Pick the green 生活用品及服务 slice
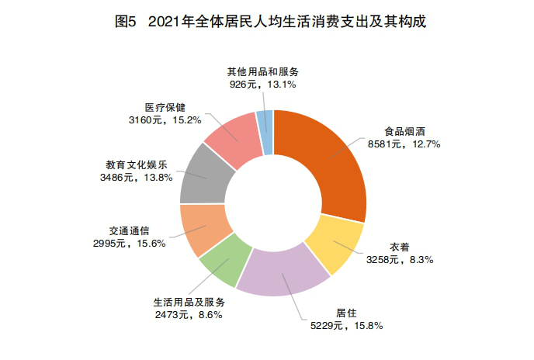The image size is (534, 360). pyautogui.click(x=225, y=261)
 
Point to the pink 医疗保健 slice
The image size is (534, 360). pyautogui.click(x=233, y=137)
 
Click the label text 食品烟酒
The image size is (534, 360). pyautogui.click(x=405, y=132)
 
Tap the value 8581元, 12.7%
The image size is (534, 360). pyautogui.click(x=405, y=144)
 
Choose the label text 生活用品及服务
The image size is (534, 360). pyautogui.click(x=190, y=302)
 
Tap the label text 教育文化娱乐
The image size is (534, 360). pyautogui.click(x=136, y=165)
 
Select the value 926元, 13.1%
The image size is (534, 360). pyautogui.click(x=262, y=82)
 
